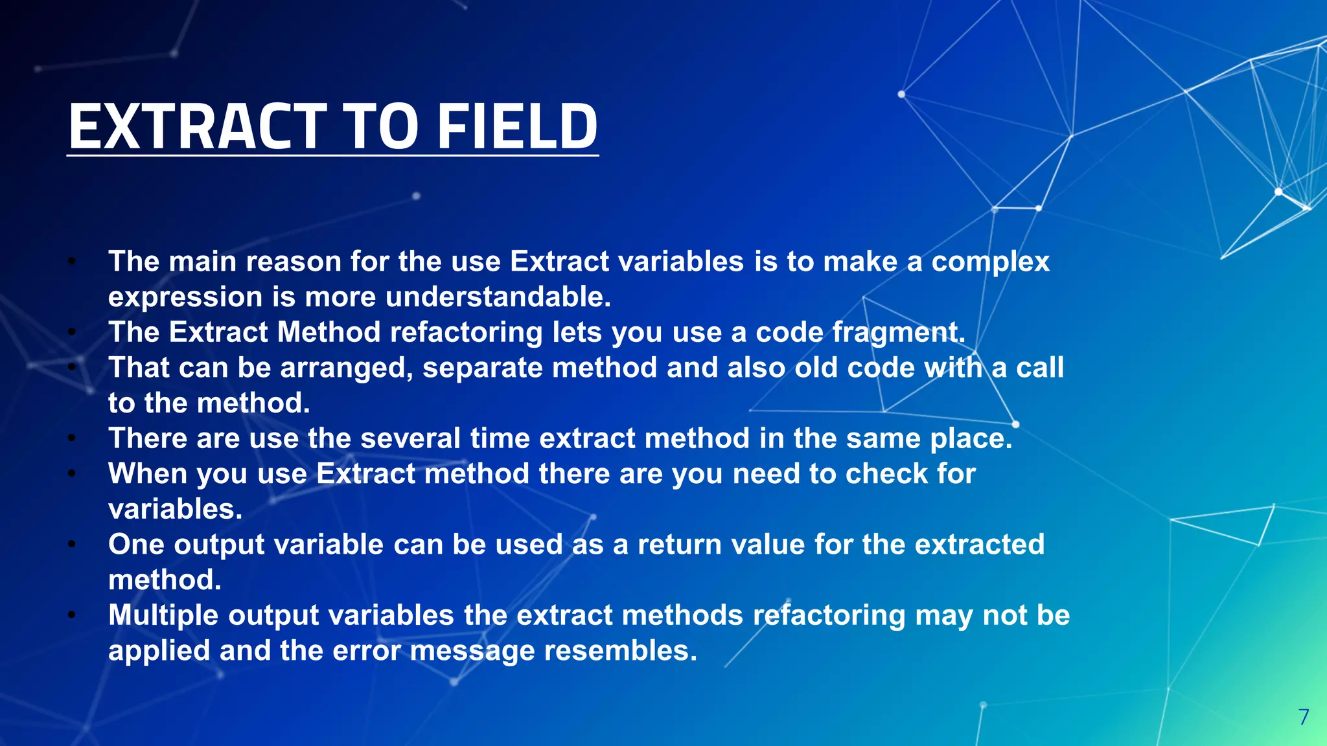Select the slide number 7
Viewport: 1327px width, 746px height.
tap(1304, 717)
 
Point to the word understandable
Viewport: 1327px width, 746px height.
tap(498, 297)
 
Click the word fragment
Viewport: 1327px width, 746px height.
tap(898, 333)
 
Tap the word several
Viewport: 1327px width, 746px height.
tap(410, 438)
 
